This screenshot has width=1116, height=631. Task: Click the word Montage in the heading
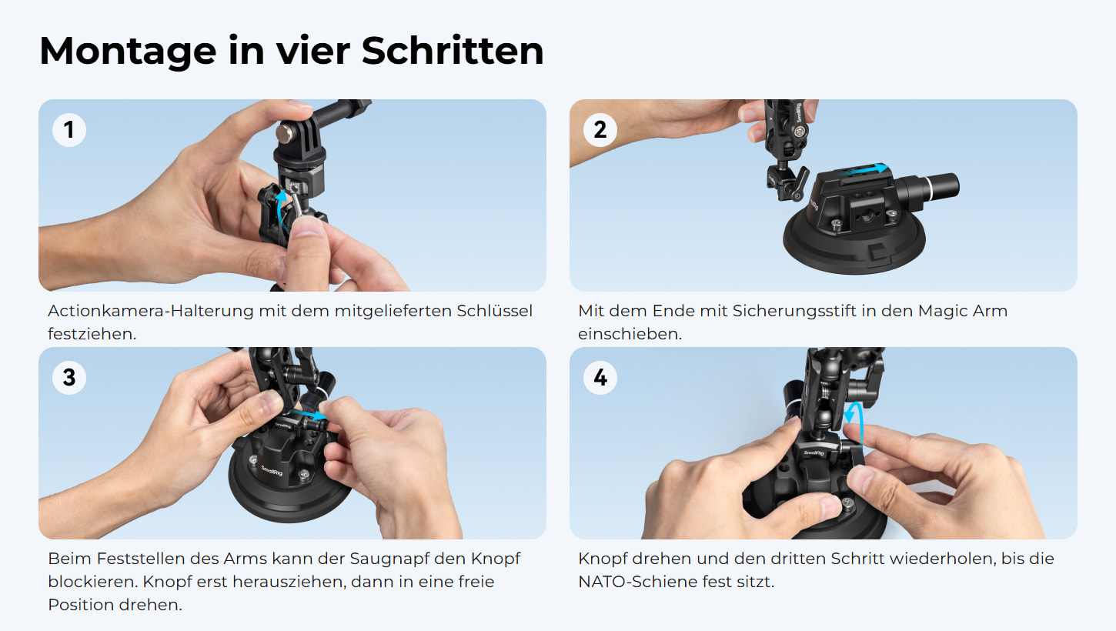[128, 52]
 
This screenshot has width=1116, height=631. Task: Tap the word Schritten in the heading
[453, 50]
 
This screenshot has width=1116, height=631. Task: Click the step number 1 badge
[69, 130]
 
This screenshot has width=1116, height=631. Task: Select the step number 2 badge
[600, 130]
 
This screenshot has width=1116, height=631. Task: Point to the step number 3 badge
[69, 378]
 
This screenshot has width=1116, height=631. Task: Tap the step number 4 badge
[600, 378]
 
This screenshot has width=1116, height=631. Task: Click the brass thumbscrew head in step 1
[285, 133]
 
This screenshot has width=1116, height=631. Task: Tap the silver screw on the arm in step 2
[800, 132]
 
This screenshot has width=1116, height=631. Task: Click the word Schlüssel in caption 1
[494, 311]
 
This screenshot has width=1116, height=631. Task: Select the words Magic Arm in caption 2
[963, 311]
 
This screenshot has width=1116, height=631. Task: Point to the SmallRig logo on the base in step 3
[272, 469]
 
